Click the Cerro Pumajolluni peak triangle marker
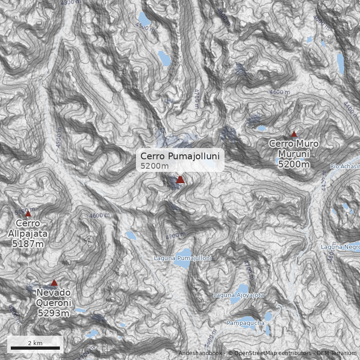180,180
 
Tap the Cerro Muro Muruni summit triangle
294,134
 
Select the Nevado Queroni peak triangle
54,283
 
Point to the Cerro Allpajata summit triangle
28,214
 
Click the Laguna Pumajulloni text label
182,258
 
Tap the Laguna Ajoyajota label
238,295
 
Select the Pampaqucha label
245,323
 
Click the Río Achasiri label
345,166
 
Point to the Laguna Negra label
341,247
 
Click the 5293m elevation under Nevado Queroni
53,313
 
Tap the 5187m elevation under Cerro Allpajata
28,244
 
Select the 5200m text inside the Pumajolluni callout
154,166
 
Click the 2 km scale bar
35,348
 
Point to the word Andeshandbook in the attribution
200,353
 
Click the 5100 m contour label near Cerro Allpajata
25,211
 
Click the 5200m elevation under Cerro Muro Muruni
294,164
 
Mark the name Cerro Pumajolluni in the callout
180,156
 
